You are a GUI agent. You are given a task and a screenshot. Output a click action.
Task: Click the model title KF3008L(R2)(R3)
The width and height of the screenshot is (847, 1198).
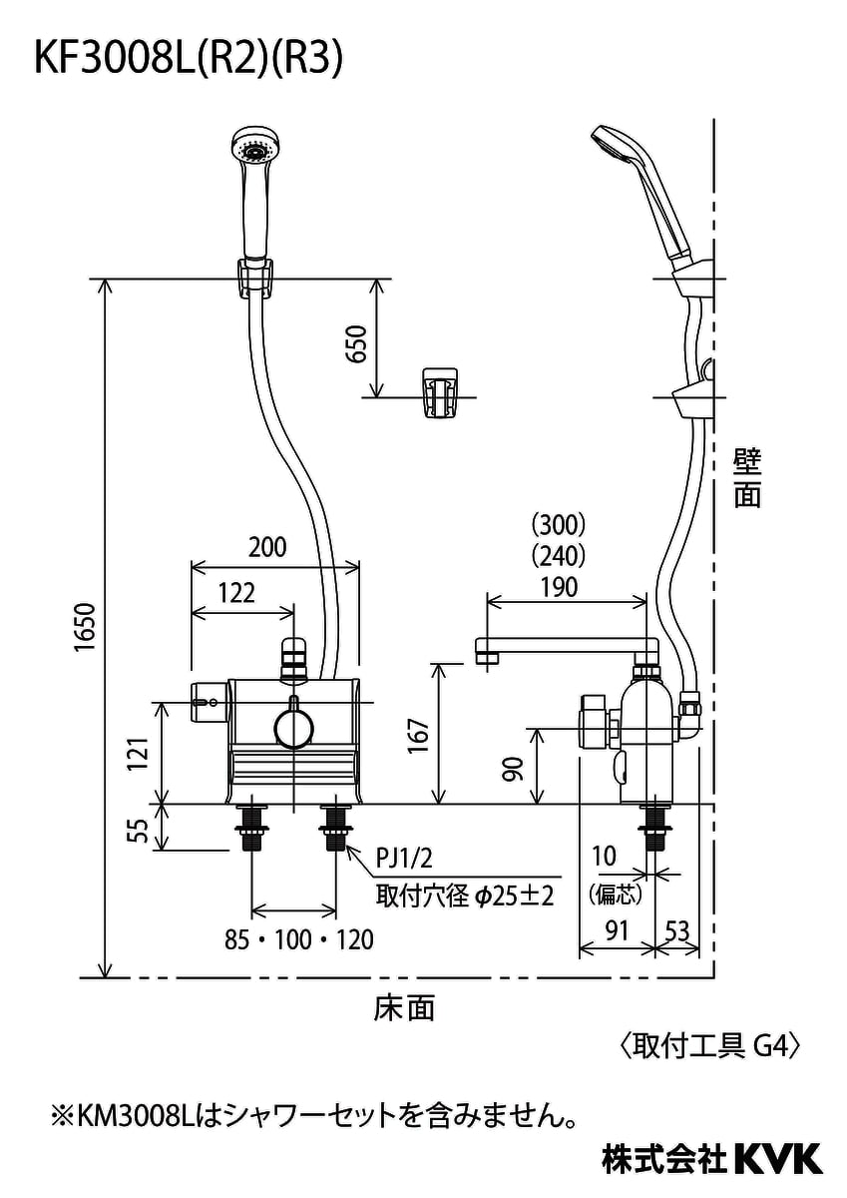190,59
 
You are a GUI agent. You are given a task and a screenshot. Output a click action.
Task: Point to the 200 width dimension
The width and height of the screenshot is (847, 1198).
266,547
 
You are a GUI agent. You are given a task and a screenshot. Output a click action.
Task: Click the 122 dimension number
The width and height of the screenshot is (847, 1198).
235,592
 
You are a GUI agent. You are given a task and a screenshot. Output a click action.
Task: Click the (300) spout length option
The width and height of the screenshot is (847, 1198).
558,523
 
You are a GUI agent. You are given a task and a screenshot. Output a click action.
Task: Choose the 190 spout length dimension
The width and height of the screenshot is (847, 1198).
558,586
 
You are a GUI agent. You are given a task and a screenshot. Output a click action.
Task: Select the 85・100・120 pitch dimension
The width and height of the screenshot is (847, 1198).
299,939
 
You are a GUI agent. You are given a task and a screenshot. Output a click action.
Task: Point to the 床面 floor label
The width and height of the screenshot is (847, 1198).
404,1008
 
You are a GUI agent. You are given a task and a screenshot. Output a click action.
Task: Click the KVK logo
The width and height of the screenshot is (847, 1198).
778,1159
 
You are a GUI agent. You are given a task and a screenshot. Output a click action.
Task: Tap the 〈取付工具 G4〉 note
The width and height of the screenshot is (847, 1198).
711,1045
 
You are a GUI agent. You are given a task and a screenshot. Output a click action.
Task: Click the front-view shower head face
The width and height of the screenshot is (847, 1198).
253,150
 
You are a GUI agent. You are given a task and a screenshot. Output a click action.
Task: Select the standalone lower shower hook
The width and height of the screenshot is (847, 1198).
440,393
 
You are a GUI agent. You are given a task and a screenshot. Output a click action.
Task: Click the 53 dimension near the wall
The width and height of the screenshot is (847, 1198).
676,931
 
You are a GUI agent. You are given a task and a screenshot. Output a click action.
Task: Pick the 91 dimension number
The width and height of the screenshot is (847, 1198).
617,931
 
